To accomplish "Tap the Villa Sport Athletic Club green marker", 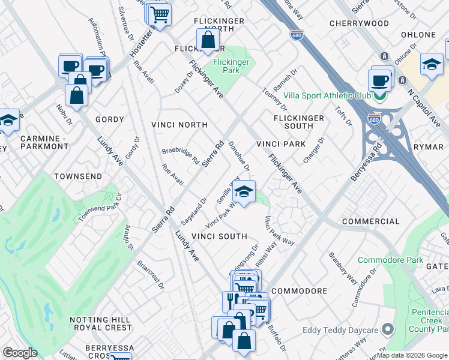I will click(x=379, y=95).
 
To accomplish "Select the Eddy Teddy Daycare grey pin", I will click(x=388, y=329).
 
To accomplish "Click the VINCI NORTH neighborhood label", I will click(x=179, y=125).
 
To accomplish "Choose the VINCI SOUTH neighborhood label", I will click(x=220, y=236).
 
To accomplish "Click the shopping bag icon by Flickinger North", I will click(x=208, y=41).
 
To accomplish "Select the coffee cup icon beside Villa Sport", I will click(x=379, y=80).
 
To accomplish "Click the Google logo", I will click(x=20, y=353).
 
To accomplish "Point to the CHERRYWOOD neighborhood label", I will click(x=359, y=23).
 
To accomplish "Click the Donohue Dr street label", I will click(x=238, y=156).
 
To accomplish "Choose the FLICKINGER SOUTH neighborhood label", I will click(x=299, y=122).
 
